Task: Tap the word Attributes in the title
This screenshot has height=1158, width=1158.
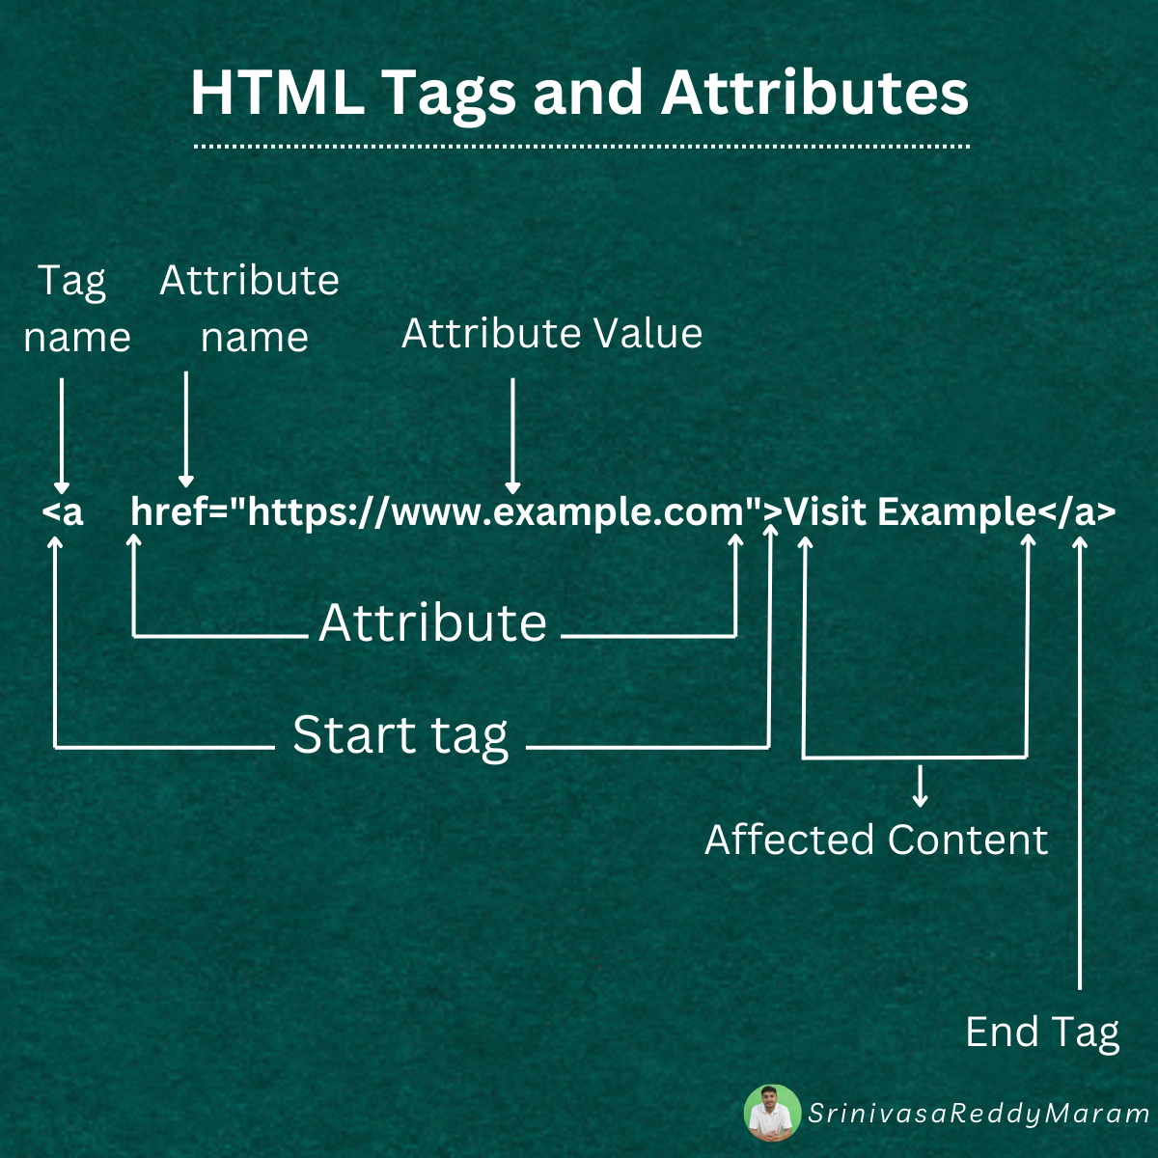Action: point(815,94)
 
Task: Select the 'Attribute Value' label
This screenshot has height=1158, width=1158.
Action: point(552,334)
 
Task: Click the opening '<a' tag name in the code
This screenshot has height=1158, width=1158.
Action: point(64,511)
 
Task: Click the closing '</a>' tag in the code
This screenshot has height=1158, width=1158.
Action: point(1077,511)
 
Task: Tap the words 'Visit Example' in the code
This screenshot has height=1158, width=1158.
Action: point(910,511)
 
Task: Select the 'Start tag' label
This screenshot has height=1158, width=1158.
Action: point(400,735)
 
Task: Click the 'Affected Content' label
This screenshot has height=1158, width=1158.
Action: point(876,840)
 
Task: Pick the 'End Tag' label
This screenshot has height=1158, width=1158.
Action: point(1042,1033)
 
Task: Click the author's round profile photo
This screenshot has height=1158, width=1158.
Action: point(773,1113)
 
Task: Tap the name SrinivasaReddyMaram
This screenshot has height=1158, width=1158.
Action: point(979,1114)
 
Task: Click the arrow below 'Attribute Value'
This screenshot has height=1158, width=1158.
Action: point(512,434)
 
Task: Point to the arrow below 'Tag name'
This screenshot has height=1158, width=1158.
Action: point(62,434)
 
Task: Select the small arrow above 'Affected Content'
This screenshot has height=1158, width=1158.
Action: point(920,786)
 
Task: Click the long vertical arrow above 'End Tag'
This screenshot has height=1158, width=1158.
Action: point(1080,762)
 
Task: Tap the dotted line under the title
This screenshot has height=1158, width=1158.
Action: point(581,147)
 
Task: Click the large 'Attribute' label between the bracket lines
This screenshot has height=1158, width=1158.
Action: point(433,623)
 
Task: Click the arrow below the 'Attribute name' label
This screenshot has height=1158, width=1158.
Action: point(186,429)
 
